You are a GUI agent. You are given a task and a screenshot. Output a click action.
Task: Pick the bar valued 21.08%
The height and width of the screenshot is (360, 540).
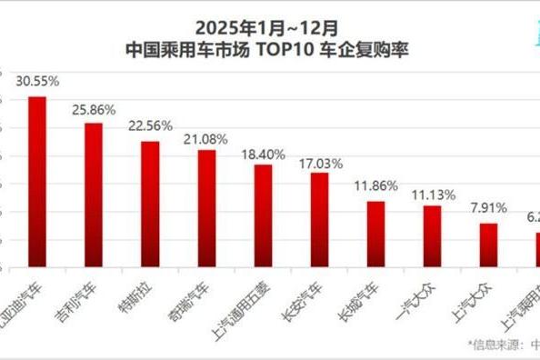(206, 208)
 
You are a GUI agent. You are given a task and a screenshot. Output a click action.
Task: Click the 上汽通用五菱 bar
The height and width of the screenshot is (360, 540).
(263, 215)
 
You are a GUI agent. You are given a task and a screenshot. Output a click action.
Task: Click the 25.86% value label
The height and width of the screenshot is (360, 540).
(94, 109)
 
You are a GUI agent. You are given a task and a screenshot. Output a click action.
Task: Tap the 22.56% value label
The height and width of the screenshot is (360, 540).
(150, 126)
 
